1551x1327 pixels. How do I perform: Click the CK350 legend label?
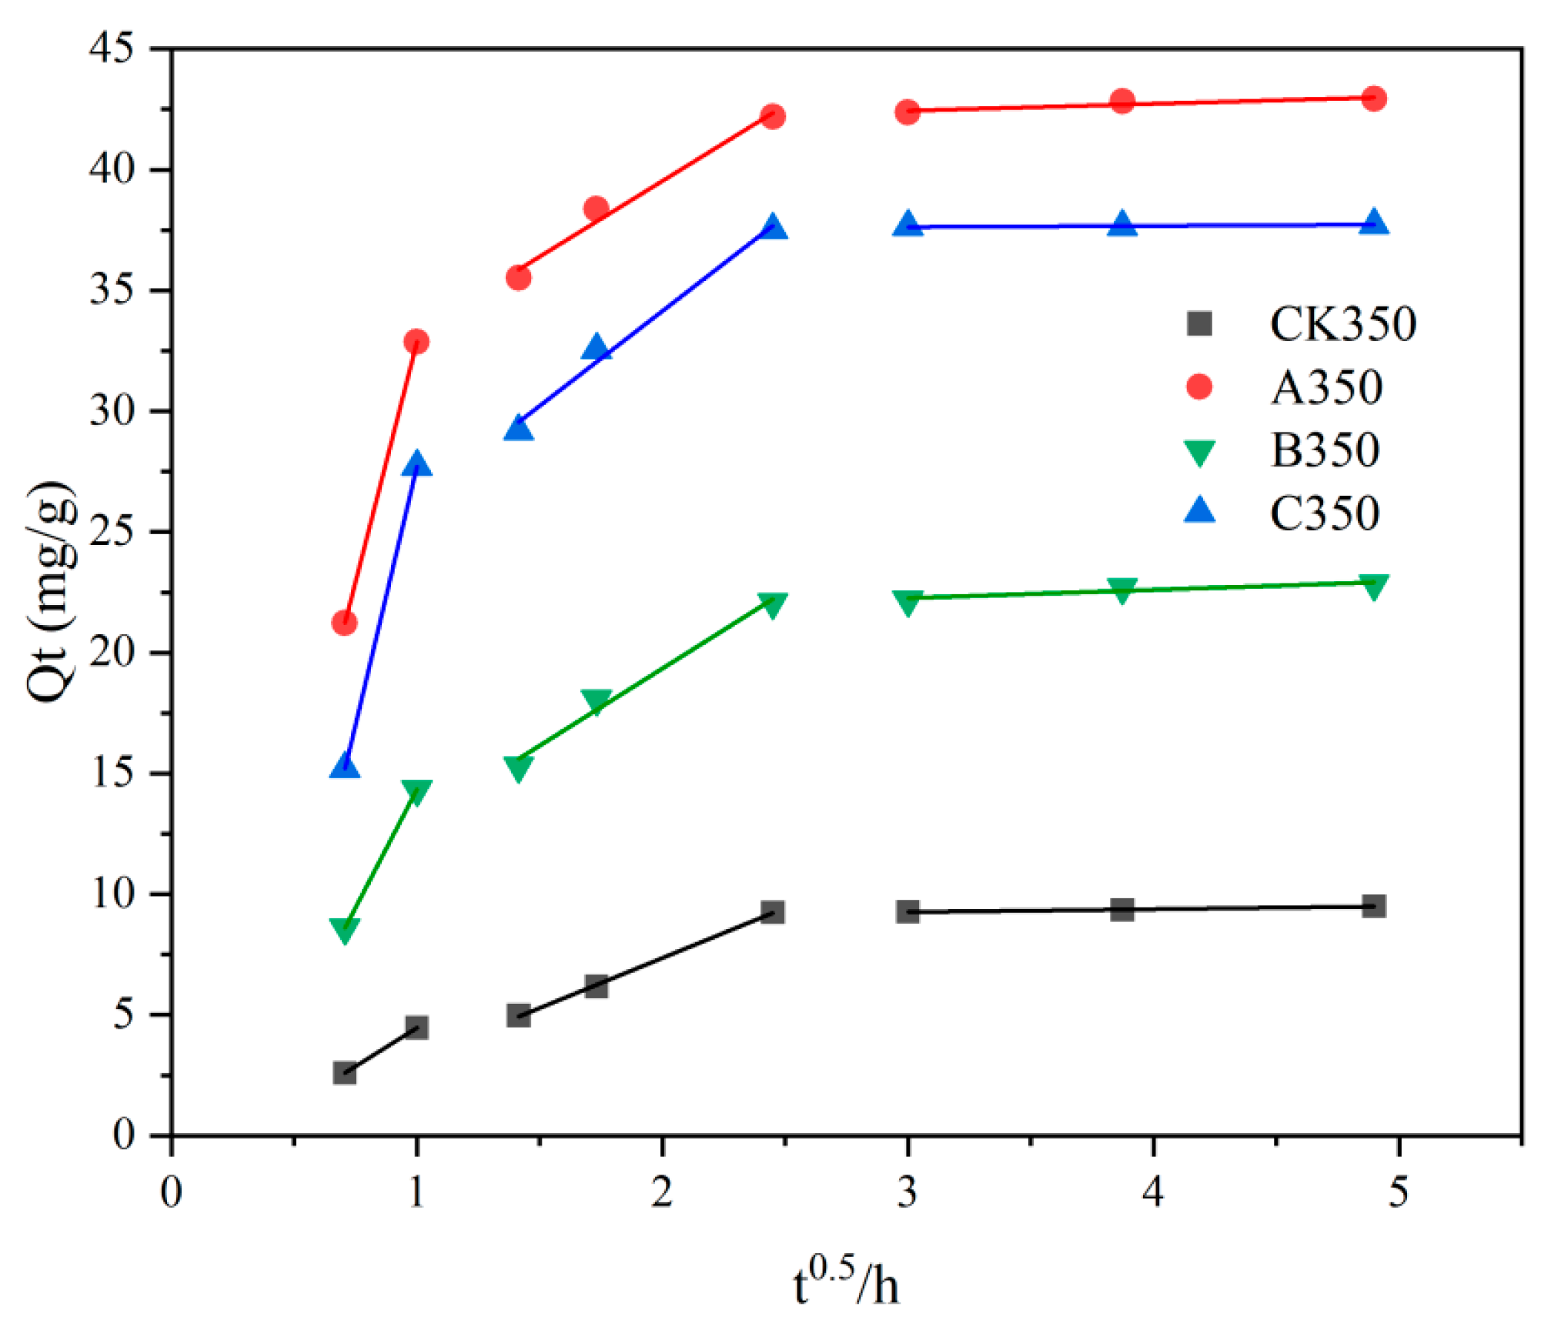click(x=1342, y=324)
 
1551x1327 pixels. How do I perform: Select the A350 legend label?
click(x=1326, y=387)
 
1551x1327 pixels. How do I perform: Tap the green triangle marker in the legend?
click(x=1199, y=452)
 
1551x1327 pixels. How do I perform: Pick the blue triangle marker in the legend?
click(x=1199, y=510)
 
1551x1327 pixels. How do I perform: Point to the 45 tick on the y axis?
click(x=111, y=48)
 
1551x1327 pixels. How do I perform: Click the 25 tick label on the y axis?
click(x=111, y=532)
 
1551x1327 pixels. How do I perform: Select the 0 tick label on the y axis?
click(x=123, y=1135)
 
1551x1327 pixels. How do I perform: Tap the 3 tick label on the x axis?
click(x=908, y=1192)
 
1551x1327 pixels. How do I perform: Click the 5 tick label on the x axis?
click(x=1398, y=1192)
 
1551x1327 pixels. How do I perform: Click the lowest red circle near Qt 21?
click(x=344, y=623)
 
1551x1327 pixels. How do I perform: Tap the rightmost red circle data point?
click(x=1374, y=99)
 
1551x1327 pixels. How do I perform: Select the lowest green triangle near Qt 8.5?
click(x=344, y=930)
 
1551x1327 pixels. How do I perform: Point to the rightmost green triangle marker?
click(x=1374, y=587)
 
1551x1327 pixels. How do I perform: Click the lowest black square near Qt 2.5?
click(x=344, y=1073)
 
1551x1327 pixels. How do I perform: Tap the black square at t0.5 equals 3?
click(x=908, y=912)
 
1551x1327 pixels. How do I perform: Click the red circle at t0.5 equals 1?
click(x=416, y=341)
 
